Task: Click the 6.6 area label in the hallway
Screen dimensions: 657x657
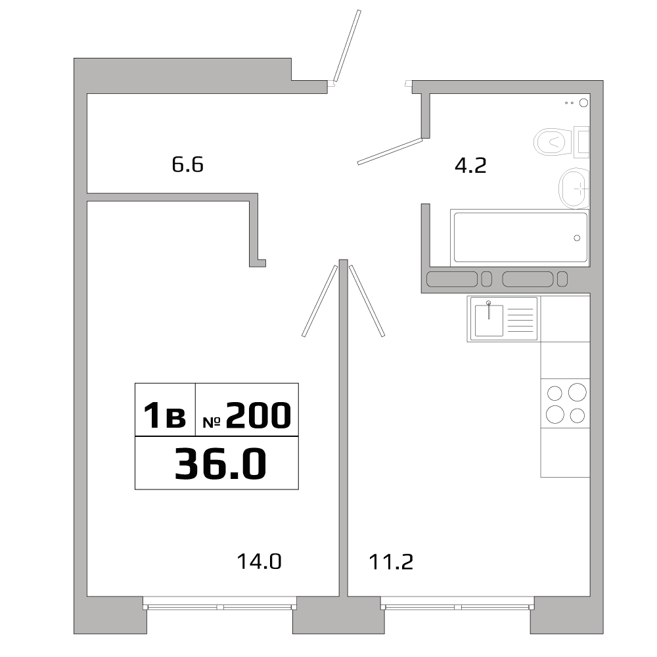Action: [188, 164]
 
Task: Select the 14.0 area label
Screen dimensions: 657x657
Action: [259, 562]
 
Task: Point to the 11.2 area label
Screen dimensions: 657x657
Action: [390, 562]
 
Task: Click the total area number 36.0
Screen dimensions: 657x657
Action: [220, 463]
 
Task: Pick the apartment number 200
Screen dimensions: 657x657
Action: [258, 416]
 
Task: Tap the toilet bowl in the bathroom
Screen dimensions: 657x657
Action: [551, 141]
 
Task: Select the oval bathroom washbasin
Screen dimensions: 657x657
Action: [574, 188]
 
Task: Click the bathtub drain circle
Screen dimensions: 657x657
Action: [578, 238]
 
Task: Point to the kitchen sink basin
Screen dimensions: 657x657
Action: [489, 320]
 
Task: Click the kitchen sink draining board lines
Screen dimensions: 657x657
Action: [521, 319]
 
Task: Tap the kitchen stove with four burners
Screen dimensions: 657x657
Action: [566, 404]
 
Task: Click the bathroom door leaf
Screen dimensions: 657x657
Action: [389, 151]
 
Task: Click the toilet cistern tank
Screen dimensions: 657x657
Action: [581, 141]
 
